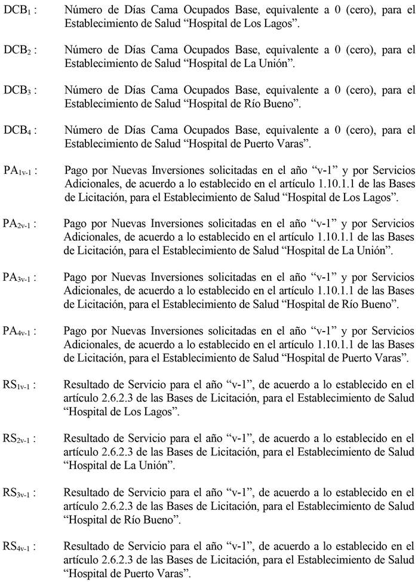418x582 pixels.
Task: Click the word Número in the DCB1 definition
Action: click(83, 10)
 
